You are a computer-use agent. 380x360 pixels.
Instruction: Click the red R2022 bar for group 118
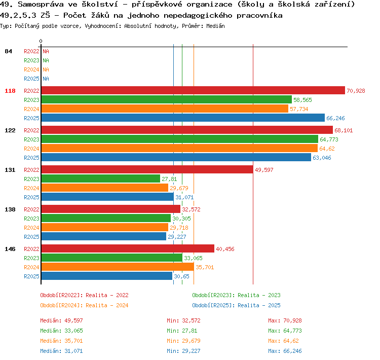[193, 90]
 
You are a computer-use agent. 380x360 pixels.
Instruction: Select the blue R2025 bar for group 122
[176, 157]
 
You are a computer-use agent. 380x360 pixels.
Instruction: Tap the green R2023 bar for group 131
[101, 178]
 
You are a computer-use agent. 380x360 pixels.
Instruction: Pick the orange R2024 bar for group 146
[118, 267]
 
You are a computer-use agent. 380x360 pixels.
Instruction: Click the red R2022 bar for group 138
[111, 209]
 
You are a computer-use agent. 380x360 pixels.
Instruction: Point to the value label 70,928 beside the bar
[356, 91]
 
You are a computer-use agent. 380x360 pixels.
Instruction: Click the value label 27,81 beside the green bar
[169, 179]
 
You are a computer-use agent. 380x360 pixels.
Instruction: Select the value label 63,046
[322, 158]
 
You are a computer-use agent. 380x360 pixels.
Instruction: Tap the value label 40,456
[225, 249]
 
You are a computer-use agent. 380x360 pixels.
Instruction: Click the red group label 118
[10, 91]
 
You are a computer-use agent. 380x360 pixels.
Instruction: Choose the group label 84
[8, 51]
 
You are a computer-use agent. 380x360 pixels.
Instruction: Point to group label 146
[10, 249]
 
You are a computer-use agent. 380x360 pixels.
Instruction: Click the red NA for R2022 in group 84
[46, 51]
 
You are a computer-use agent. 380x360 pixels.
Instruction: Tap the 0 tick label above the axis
[41, 41]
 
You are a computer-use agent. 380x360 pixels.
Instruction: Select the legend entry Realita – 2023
[259, 295]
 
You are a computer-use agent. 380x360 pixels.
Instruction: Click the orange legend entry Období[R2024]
[61, 305]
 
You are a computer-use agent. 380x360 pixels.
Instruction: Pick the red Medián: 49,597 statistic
[61, 320]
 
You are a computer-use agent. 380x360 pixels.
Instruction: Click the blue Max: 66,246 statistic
[285, 351]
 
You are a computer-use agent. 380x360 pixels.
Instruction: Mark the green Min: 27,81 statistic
[182, 331]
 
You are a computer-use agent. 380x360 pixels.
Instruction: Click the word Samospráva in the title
[41, 5]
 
